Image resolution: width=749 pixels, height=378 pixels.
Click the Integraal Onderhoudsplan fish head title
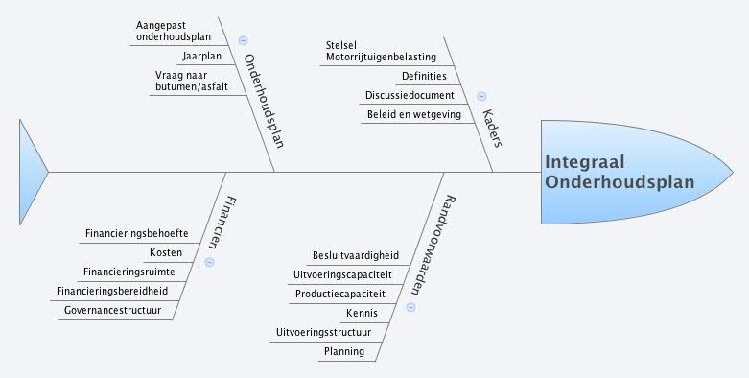[619, 173]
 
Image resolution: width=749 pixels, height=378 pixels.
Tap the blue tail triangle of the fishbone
[33, 172]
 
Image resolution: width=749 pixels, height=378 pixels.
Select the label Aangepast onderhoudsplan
[173, 30]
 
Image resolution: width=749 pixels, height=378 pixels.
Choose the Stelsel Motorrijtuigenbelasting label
[381, 51]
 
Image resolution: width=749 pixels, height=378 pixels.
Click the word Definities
[424, 76]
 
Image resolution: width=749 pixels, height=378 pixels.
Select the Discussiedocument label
[410, 95]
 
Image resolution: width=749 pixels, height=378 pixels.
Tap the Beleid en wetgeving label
[414, 115]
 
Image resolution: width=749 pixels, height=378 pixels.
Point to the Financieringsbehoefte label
[136, 234]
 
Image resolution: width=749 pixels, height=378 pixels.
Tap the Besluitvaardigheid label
[356, 255]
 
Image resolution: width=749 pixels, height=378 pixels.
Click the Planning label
[343, 351]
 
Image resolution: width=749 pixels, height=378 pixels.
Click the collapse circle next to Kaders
[481, 96]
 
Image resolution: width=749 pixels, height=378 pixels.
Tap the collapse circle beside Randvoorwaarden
[410, 308]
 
